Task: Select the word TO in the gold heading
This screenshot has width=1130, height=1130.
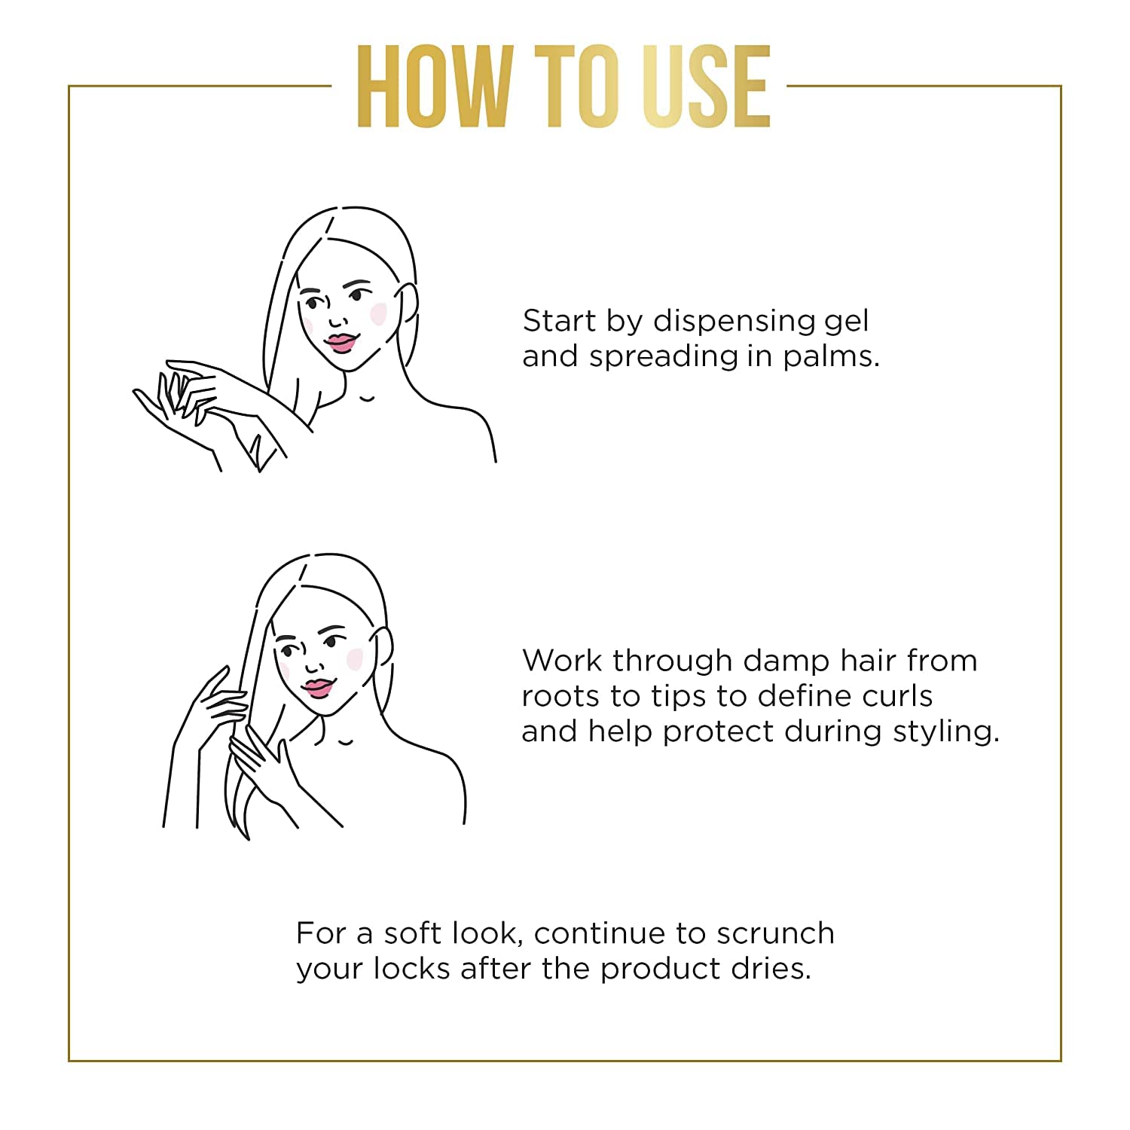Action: click(580, 85)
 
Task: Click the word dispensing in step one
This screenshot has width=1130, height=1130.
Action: click(734, 322)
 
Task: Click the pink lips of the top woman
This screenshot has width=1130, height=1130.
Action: click(340, 343)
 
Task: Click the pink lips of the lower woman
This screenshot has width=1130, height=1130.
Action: click(318, 688)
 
